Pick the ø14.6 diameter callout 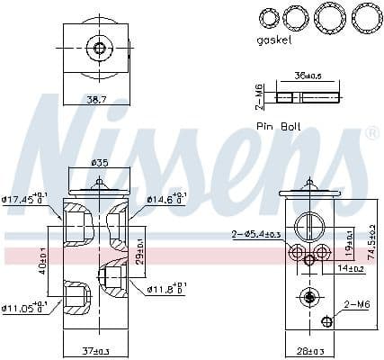[167, 199]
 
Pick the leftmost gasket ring [268, 17]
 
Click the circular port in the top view [100, 48]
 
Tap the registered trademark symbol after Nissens [372, 133]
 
